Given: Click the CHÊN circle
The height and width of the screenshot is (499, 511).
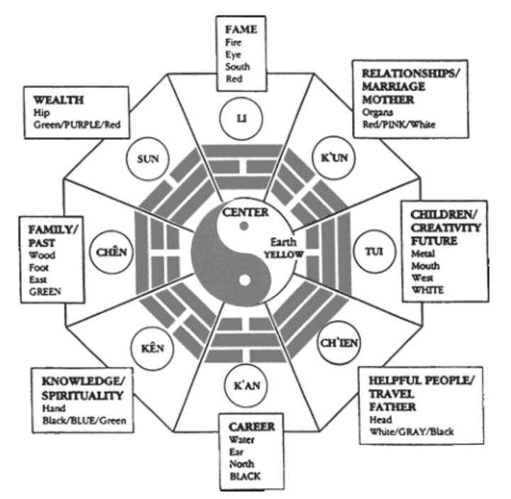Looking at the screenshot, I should [x=110, y=251].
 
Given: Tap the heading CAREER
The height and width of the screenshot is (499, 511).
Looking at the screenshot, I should [x=246, y=426].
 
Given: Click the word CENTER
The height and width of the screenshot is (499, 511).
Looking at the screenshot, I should [x=244, y=211].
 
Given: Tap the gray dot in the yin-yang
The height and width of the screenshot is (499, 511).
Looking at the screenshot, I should [x=243, y=226].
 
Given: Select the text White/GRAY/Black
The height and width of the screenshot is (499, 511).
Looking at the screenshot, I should [x=407, y=430].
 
